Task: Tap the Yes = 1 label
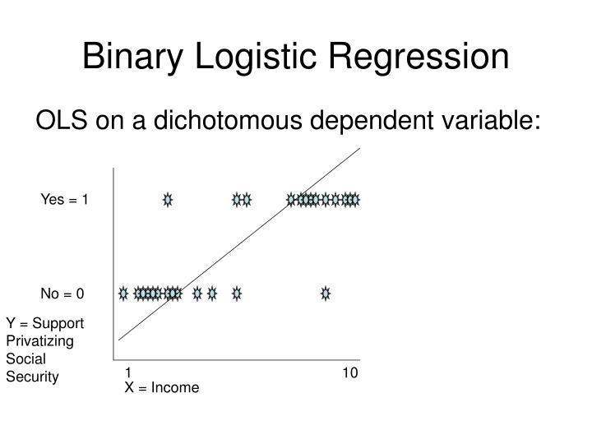pos(65,200)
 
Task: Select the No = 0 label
pos(62,293)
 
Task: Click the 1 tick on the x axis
pos(128,372)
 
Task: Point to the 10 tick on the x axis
pos(350,372)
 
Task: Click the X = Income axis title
pos(161,387)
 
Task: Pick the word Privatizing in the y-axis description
pos(39,340)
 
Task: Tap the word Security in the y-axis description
pos(32,377)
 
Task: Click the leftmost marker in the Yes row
pos(168,199)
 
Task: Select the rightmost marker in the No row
pos(326,293)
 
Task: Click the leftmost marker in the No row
pos(123,293)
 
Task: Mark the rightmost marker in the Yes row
pos(355,199)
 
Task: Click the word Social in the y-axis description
pos(25,358)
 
